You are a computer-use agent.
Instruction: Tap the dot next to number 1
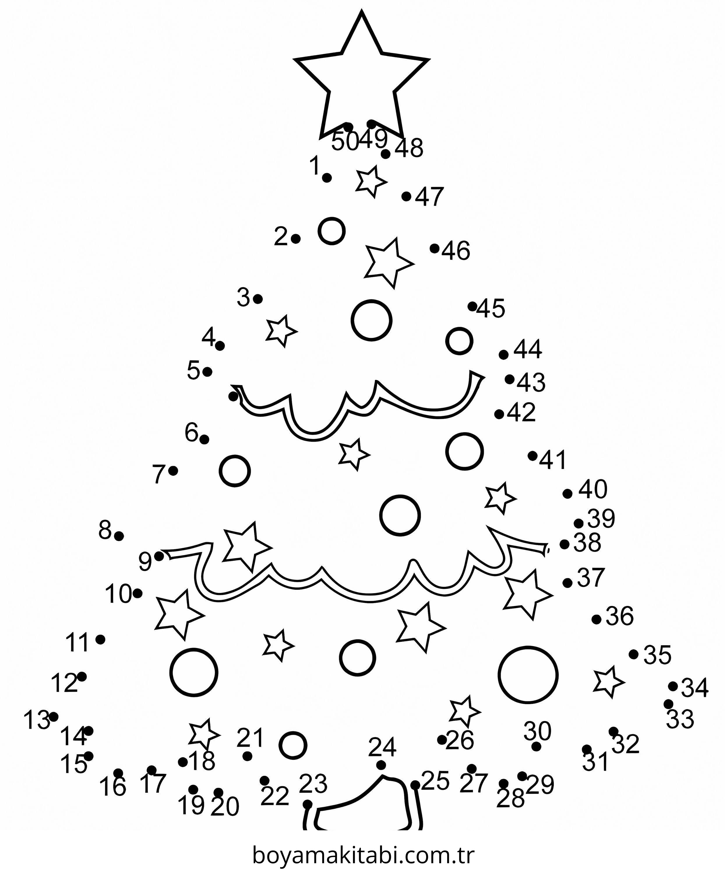coord(327,178)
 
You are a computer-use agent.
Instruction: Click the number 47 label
coord(430,196)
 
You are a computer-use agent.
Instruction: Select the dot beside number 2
coord(295,239)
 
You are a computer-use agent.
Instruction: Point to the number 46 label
coord(456,251)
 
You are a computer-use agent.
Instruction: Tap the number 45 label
coord(491,309)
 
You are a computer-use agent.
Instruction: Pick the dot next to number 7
coord(174,471)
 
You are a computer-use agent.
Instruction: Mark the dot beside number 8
coord(119,536)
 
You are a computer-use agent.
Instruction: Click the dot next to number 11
coord(100,639)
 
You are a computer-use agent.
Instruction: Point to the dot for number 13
coord(54,717)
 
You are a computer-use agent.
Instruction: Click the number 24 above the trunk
coord(382,747)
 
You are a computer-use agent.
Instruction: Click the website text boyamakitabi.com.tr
coord(363,855)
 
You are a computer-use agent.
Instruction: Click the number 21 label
coord(250,738)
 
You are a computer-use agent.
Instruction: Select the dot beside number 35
coord(634,655)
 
